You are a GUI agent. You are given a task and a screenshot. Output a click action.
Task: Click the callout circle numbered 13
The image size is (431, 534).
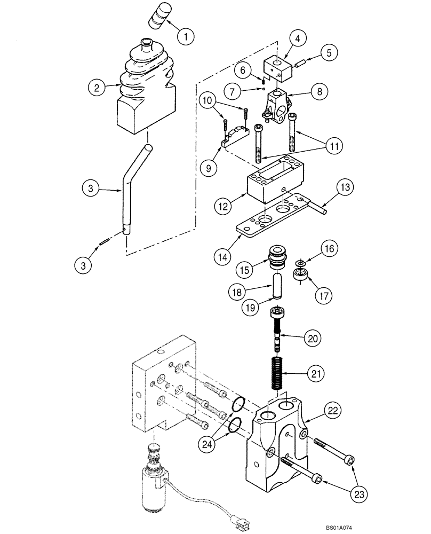coord(345,187)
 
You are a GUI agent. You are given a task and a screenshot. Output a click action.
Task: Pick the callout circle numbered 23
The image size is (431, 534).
coord(360,493)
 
